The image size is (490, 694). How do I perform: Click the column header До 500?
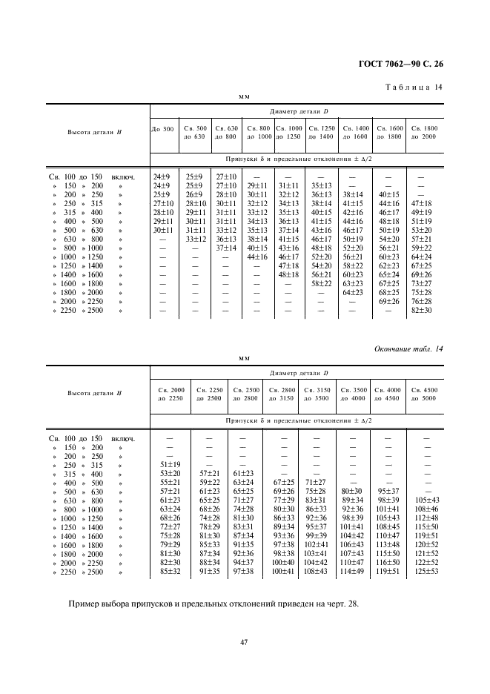coord(163,129)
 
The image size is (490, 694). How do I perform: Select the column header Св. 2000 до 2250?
coord(170,394)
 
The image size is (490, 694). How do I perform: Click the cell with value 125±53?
coord(426,571)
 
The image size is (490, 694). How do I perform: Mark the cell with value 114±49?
coord(351,571)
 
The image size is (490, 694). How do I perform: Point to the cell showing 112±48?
coord(426,518)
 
